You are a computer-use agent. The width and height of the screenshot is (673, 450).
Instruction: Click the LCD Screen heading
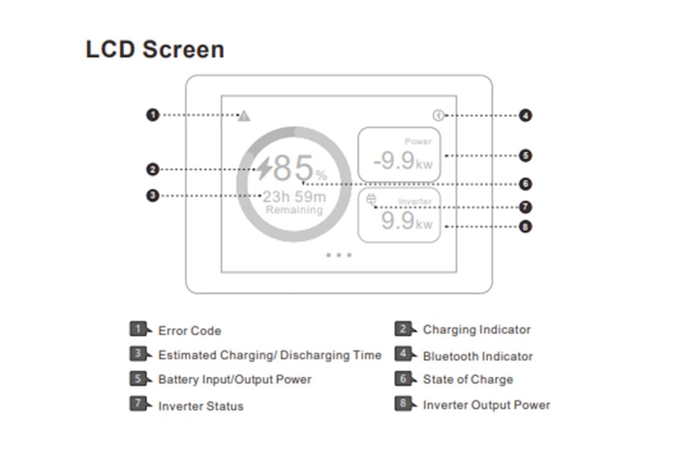[155, 49]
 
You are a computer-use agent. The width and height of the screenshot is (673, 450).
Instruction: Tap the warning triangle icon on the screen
[244, 116]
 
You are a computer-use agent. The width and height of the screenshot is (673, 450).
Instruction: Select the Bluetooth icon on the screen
[437, 116]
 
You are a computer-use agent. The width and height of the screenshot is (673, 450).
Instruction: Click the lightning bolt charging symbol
[264, 169]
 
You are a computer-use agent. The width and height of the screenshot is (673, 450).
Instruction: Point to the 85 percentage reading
[294, 169]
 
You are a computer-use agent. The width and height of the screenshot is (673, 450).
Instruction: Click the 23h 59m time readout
[294, 196]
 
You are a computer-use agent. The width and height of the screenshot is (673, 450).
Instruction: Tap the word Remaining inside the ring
[294, 210]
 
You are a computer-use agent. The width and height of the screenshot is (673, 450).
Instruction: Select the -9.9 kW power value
[402, 161]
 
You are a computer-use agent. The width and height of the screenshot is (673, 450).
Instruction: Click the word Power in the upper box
[418, 141]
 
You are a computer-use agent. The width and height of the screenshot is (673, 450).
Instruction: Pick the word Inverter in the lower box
[415, 201]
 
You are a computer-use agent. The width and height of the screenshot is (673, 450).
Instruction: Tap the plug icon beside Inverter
[372, 201]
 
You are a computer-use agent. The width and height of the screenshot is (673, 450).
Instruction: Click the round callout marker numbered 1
[152, 115]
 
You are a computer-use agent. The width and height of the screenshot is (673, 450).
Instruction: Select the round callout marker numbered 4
[526, 116]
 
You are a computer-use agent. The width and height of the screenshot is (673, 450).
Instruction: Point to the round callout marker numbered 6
[526, 184]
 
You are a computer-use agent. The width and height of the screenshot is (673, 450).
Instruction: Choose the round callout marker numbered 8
[526, 226]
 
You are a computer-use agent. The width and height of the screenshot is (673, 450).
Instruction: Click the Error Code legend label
[190, 331]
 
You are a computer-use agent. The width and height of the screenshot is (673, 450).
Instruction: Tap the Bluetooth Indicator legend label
[478, 356]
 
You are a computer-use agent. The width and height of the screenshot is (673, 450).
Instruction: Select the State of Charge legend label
[468, 380]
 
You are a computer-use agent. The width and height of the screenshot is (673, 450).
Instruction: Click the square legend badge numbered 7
[138, 404]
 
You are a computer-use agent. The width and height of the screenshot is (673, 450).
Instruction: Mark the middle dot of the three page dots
[338, 255]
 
